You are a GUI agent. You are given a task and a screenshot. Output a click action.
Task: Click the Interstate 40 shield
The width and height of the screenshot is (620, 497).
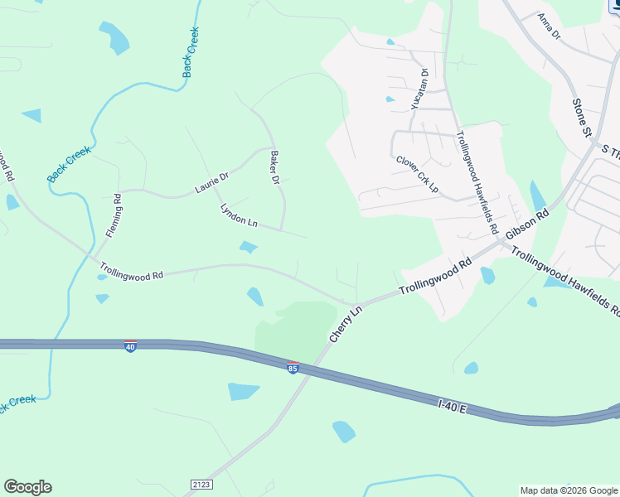pyautogui.click(x=130, y=346)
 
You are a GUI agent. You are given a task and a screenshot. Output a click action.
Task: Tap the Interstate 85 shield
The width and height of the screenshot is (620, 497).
pyautogui.click(x=293, y=367)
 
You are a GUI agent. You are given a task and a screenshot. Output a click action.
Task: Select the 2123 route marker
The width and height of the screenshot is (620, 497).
pyautogui.click(x=201, y=483)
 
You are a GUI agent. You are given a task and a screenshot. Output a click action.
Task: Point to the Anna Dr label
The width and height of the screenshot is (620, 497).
pyautogui.click(x=549, y=26)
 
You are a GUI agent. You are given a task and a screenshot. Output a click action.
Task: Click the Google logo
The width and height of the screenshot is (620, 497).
pyautogui.click(x=27, y=487)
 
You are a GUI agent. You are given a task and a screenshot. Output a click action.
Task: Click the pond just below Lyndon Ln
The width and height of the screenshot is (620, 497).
pyautogui.click(x=248, y=247)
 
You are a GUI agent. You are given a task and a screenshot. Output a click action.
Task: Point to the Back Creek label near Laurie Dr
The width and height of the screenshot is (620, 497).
pyautogui.click(x=68, y=164)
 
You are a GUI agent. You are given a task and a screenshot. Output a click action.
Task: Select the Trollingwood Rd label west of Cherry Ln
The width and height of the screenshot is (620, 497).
pyautogui.click(x=131, y=272)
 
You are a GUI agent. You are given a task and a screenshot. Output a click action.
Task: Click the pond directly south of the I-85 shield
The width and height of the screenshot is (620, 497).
pyautogui.click(x=243, y=391)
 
